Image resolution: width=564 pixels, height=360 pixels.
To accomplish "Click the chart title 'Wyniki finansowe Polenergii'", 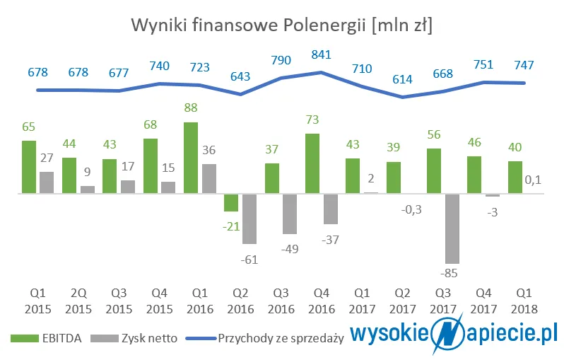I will coord(282,25).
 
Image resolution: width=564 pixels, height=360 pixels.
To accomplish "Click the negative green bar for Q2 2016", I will coord(230,202).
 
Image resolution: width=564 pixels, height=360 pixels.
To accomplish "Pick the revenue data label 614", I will coord(402,79).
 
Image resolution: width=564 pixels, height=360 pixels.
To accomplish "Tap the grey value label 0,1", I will coord(534,181).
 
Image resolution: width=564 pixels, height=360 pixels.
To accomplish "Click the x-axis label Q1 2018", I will coord(524,302).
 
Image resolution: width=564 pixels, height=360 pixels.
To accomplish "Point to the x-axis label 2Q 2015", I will coord(78,302).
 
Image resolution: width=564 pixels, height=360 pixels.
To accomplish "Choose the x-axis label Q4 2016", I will coord(322,302).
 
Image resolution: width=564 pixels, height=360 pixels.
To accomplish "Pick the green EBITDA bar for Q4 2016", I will coord(312,163).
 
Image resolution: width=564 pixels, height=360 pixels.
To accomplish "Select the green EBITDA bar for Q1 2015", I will coord(28,166).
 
